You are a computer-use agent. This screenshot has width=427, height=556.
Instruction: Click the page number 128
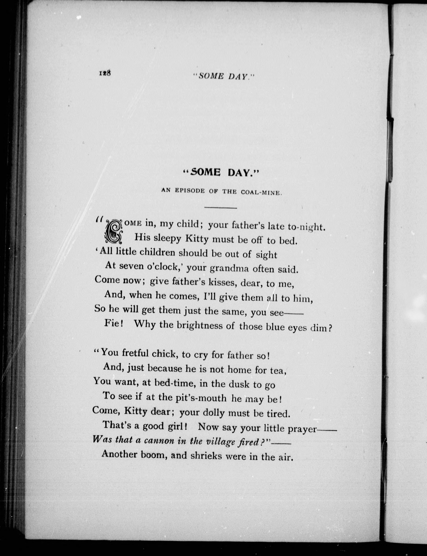click(x=104, y=73)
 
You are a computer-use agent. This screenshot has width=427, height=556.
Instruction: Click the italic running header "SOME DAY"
click(x=224, y=76)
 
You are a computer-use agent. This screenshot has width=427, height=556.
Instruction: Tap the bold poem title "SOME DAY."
click(x=221, y=173)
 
